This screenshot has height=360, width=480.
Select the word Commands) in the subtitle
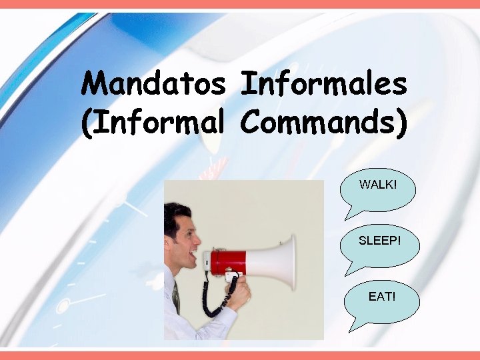tap(323, 123)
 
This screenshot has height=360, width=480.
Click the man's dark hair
tap(175, 215)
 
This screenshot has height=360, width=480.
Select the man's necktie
tap(176, 297)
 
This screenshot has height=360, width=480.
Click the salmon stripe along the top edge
tap(240, 4)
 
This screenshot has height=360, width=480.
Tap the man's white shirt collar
tap(171, 280)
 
